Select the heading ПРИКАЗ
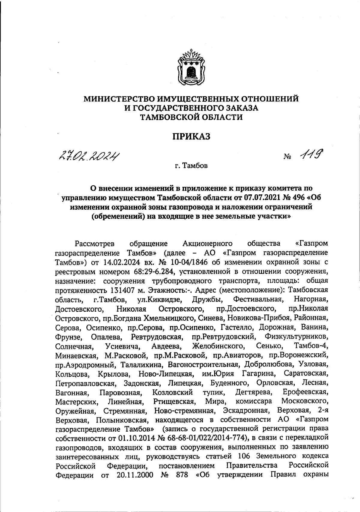coord(191,136)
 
